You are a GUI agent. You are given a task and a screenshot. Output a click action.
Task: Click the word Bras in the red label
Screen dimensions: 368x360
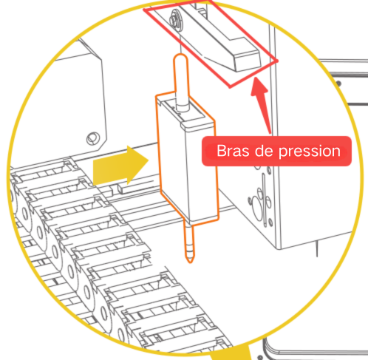pos(233,151)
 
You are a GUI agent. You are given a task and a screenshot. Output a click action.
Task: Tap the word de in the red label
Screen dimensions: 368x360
pos(264,150)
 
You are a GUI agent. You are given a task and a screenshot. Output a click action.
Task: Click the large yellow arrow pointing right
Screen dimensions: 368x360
pos(120,166)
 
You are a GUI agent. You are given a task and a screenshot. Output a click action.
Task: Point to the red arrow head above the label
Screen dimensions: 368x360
pos(259,86)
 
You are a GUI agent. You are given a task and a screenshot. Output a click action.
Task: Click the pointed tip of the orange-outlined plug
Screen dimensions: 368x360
pos(190,262)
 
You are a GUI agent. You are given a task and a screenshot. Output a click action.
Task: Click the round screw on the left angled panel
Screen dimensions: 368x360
pos(93,138)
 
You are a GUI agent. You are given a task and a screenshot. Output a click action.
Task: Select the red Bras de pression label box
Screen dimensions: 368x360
pos(276,151)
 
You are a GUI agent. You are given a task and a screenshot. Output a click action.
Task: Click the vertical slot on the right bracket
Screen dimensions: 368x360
pos(264,200)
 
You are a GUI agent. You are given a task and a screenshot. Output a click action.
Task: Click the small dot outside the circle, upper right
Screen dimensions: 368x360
pos(339,84)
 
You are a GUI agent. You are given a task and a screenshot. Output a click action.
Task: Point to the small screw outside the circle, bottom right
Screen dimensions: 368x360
pos(260,357)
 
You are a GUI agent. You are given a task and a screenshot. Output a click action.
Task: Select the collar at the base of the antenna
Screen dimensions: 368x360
pos(183,107)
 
